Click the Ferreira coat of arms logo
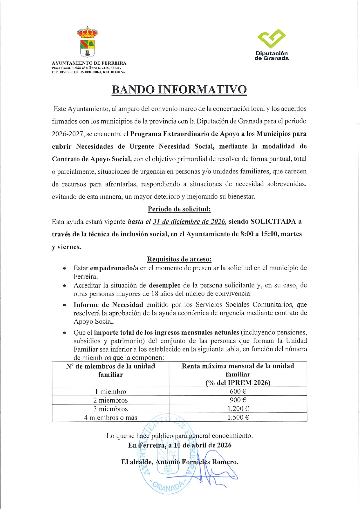point(87,42)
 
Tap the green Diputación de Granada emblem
point(272,38)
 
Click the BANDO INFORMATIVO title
point(179,90)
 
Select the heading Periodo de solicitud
point(179,209)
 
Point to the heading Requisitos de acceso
point(179,259)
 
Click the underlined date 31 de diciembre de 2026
point(189,222)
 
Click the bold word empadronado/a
point(114,268)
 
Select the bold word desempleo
point(164,285)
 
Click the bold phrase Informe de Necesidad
point(108,305)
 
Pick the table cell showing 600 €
point(238,391)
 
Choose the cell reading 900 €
point(238,400)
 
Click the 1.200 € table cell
point(238,409)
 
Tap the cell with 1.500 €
point(238,417)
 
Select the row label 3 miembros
point(111,409)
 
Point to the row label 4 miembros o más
point(111,418)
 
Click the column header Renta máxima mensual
point(238,366)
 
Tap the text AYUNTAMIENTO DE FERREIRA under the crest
point(89,63)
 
